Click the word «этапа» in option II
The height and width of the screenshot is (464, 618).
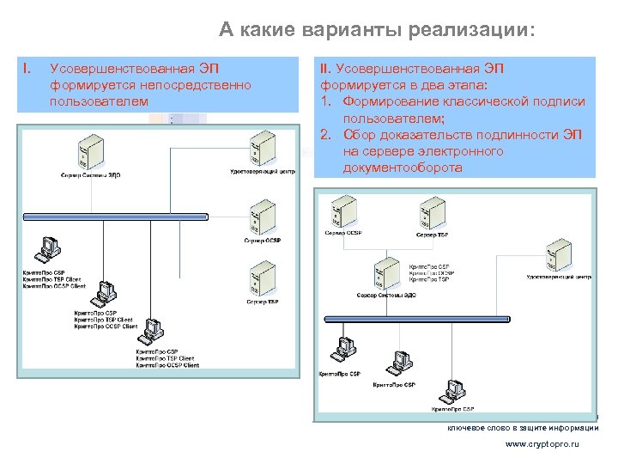click(462, 84)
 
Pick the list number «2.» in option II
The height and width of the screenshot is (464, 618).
click(327, 135)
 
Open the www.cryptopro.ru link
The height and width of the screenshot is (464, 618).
click(542, 444)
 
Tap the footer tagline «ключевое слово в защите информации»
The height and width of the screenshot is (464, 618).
click(522, 428)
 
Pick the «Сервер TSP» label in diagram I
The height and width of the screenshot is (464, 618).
click(262, 302)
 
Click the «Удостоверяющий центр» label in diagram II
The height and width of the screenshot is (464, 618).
click(559, 278)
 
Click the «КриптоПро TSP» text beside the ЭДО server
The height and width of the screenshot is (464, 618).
click(429, 280)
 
